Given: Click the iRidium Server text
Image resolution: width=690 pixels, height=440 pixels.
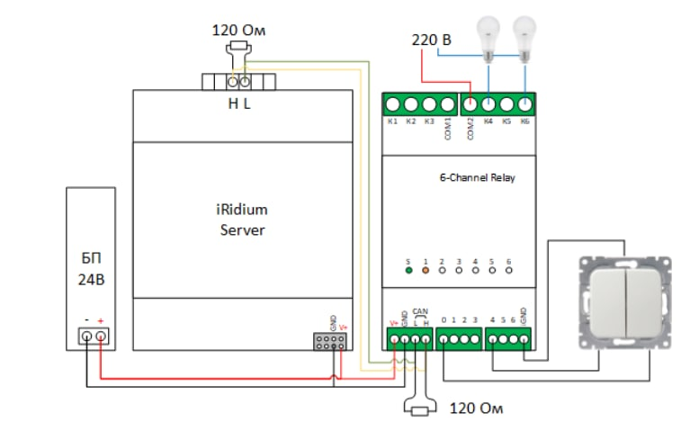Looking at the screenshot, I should [x=243, y=219].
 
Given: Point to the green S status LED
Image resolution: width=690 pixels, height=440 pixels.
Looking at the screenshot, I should [x=409, y=269].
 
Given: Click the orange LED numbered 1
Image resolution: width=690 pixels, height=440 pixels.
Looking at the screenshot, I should [x=426, y=269].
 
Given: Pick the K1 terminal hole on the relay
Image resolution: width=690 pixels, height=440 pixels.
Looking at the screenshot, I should [x=393, y=103].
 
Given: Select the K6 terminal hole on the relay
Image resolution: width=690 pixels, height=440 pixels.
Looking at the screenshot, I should [x=525, y=103].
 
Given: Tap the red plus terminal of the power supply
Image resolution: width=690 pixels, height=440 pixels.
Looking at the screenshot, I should [x=102, y=337].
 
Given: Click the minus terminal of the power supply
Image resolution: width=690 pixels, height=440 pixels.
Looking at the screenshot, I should [x=86, y=337].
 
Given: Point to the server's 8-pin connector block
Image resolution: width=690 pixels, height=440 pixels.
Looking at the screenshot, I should [x=329, y=342].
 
